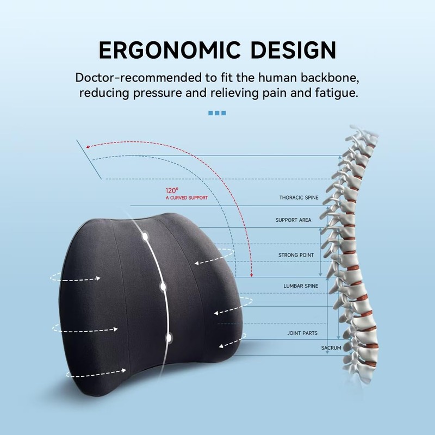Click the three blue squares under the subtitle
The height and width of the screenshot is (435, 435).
(x=217, y=113)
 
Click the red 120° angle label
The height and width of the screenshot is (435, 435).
(x=172, y=191)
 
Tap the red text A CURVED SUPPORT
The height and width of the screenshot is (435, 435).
(x=187, y=198)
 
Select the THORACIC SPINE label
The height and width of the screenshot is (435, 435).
(x=299, y=198)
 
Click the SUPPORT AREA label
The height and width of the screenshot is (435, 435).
(x=294, y=220)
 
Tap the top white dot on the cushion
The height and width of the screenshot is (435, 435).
(x=145, y=237)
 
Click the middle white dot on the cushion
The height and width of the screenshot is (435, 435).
(x=163, y=285)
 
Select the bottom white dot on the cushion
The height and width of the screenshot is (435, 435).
(x=169, y=338)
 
